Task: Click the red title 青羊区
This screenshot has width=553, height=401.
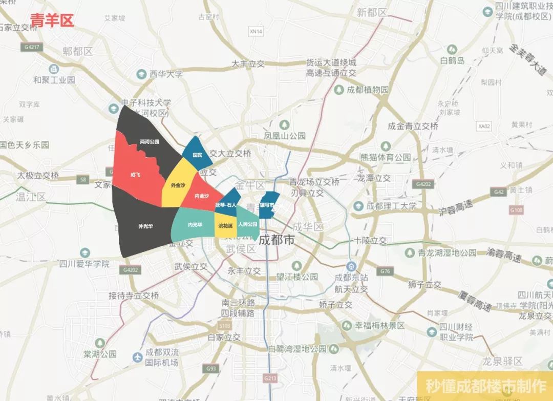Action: click(52, 20)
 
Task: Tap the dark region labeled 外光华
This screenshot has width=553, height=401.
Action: click(145, 226)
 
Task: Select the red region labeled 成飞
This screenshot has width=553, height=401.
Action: click(135, 175)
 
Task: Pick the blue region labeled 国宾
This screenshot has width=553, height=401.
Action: click(197, 154)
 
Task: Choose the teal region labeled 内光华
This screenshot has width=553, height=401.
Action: click(195, 224)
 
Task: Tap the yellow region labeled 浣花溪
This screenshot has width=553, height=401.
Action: click(225, 225)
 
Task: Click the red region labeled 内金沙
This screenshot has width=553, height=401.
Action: click(202, 195)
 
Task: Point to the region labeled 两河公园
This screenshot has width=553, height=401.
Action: click(149, 141)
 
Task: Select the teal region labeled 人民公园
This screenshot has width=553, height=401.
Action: click(247, 224)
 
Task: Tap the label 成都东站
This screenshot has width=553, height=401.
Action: click(351, 277)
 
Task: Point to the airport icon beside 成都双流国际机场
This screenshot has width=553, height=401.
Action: click(137, 357)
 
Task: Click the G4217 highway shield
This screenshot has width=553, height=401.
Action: click(31, 47)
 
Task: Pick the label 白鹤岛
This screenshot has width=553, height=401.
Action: click(453, 60)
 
